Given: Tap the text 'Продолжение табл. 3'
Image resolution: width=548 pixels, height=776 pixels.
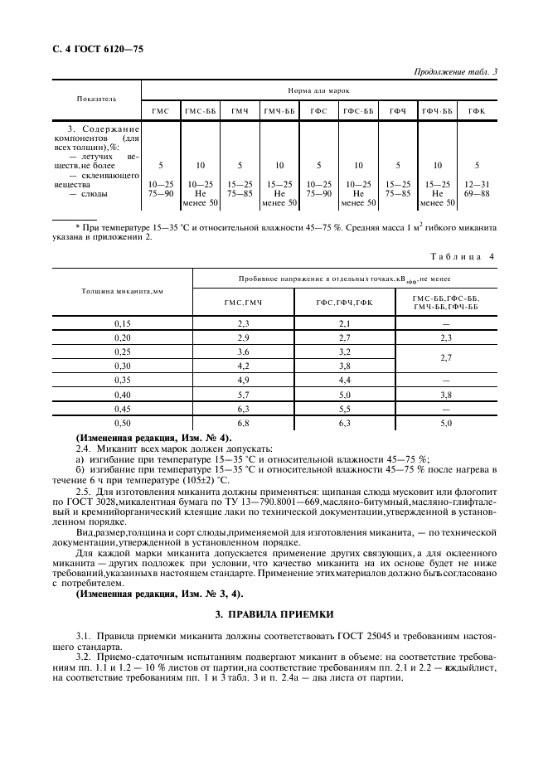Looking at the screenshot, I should pos(456,72).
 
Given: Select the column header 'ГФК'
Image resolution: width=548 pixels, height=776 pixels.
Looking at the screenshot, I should pos(477,111).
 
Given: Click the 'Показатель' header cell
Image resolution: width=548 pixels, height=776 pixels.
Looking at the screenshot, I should pos(97,99).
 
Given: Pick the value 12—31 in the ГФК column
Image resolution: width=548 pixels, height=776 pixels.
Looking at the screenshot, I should pos(477,184).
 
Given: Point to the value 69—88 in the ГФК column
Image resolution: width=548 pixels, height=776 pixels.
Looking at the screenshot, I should pos(477,193).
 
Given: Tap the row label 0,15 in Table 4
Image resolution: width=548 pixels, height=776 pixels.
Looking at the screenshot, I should pos(123,323).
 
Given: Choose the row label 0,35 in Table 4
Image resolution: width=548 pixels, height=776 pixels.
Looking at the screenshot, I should pos(123,379).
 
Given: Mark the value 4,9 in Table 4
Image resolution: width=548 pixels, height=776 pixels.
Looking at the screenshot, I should pos(244,379).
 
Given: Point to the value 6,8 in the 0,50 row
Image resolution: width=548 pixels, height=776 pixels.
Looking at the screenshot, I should pos(244,422).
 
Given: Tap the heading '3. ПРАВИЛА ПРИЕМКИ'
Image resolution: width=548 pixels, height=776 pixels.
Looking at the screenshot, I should pos(274,614).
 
